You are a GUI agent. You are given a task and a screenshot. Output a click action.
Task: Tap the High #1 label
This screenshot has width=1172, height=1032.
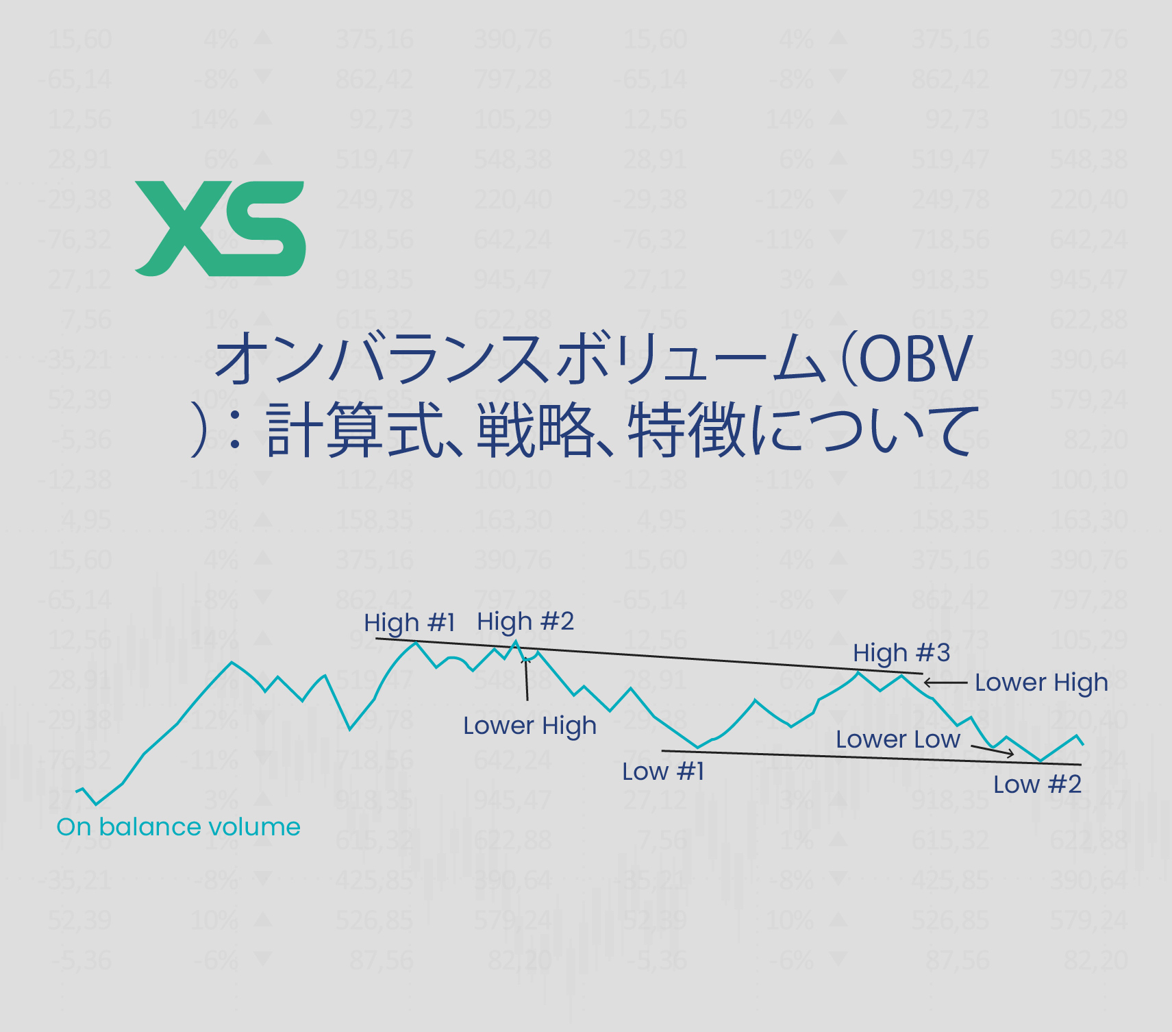(x=410, y=623)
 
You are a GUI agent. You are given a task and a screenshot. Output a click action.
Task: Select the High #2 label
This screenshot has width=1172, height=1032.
(x=525, y=621)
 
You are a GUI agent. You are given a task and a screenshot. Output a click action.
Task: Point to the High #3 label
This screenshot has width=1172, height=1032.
(x=901, y=652)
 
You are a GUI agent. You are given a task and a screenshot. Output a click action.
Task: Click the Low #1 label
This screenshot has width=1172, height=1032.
(x=663, y=772)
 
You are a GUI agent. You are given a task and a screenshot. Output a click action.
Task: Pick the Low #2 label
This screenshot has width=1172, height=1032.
(x=1037, y=784)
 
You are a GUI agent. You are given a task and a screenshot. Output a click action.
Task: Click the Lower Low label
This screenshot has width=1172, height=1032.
(x=898, y=739)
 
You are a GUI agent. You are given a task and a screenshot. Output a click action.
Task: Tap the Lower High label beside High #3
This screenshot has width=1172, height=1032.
(x=1041, y=683)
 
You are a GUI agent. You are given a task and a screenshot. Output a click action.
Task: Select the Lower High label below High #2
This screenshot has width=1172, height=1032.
(x=529, y=725)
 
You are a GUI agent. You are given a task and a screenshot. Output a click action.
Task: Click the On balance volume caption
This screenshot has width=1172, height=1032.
(x=178, y=826)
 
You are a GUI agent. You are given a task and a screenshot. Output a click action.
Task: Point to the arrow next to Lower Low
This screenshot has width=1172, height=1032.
(x=993, y=751)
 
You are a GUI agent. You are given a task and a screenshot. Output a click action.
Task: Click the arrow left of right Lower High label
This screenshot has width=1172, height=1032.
(x=945, y=683)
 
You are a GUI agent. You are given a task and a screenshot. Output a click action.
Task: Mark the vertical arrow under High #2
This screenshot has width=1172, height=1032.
(x=526, y=678)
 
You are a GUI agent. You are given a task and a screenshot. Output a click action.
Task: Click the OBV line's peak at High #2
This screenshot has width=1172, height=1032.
(x=516, y=641)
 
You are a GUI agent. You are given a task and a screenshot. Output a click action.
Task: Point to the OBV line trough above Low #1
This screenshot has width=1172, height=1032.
(x=697, y=747)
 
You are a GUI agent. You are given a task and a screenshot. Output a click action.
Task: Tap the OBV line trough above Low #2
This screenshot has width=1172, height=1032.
(x=1040, y=761)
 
